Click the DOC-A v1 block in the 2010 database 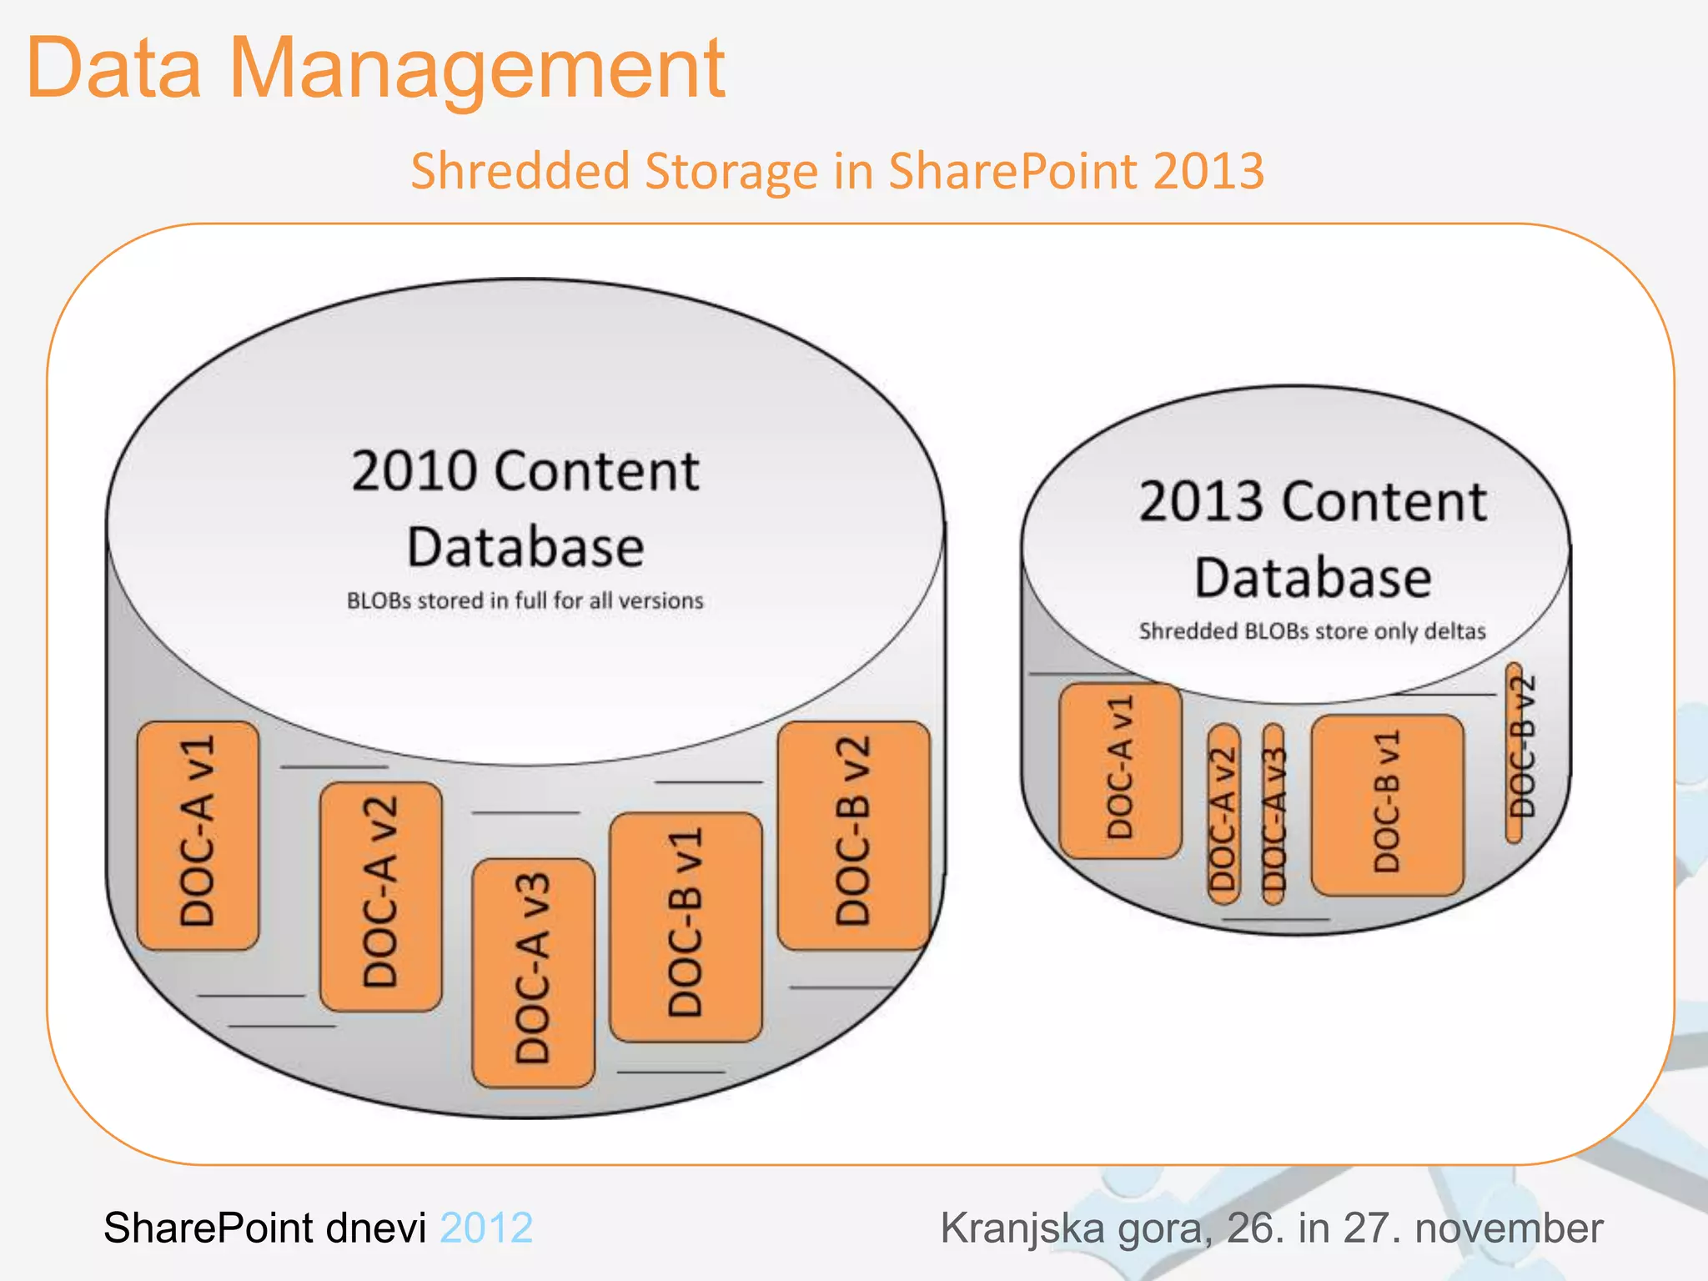pos(198,835)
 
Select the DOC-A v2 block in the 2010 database pos(381,896)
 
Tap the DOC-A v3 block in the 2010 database pos(534,972)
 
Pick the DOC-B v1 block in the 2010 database pos(686,927)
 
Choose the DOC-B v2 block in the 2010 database pos(853,835)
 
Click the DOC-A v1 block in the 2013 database pos(1120,771)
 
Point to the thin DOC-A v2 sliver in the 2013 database pos(1223,814)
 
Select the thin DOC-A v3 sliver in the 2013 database pos(1273,814)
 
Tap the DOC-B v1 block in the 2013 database pos(1387,805)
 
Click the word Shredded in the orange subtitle pos(520,172)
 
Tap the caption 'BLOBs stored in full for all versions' pos(525,600)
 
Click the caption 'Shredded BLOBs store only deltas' pos(1312,631)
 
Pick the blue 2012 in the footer pos(486,1228)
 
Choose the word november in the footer pos(1509,1228)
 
